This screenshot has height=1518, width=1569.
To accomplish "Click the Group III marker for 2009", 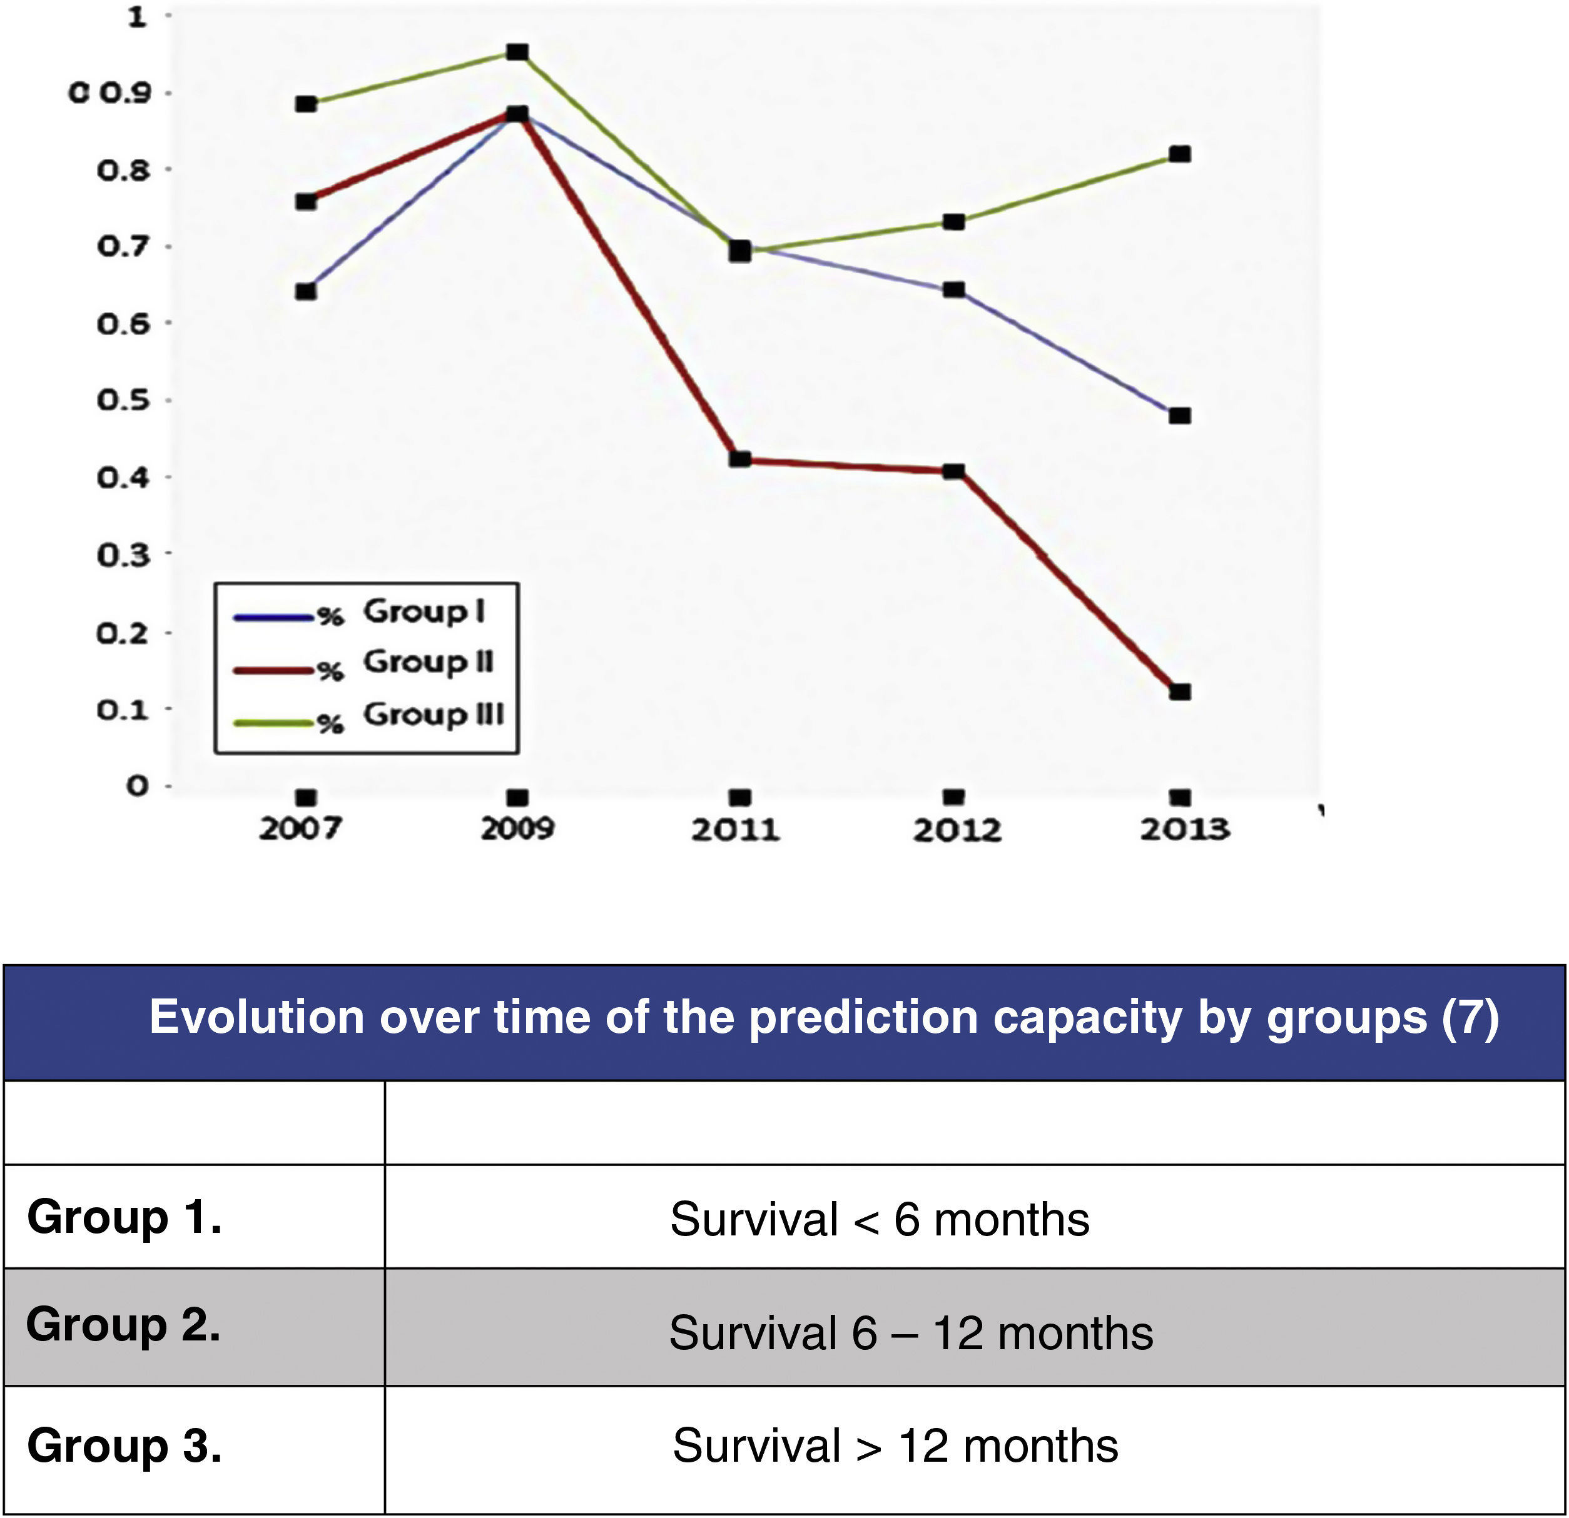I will coord(518,53).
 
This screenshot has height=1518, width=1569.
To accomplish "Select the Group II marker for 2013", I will coord(1180,691).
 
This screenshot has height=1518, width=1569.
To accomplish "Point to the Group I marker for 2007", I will coord(306,291).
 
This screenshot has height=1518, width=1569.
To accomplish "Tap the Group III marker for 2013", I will coord(1180,154).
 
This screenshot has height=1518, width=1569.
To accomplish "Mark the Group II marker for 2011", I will coord(741,460).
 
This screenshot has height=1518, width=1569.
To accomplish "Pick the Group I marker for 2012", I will coord(953,289).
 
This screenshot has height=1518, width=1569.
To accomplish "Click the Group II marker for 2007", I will coord(306,201).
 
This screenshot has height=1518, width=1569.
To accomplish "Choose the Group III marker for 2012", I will coord(953,222).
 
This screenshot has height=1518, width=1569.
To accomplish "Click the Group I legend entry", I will coord(424,612).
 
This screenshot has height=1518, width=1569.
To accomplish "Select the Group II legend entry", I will coord(429,663).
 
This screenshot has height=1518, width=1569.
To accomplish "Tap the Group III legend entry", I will coord(433,715).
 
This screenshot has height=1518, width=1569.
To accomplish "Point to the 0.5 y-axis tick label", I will coord(124,400).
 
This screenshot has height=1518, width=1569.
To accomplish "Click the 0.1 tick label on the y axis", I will coord(124,709).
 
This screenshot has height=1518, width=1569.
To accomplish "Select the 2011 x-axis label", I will coord(736,830).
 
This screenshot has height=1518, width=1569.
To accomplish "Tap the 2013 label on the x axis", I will coord(1185,830).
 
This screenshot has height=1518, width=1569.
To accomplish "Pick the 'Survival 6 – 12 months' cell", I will coord(911,1333).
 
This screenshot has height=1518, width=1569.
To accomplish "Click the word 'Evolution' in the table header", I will coord(256,1018).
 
